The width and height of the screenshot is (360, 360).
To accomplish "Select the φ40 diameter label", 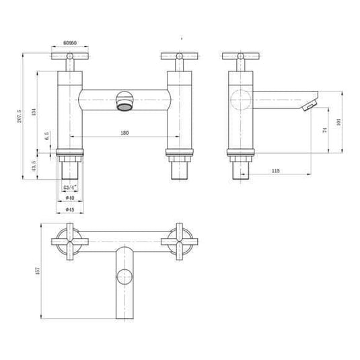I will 69,197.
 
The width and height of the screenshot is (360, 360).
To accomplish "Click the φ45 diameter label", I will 69,208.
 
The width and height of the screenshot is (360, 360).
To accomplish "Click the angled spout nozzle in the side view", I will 309,106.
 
